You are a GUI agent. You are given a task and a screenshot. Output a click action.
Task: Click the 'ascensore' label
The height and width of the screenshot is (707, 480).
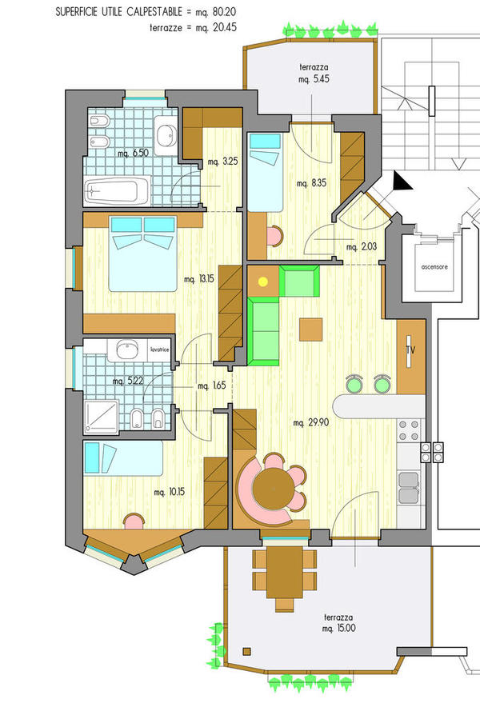[434, 267]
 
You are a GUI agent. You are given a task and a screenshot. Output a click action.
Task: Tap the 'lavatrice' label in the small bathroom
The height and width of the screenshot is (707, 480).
[160, 350]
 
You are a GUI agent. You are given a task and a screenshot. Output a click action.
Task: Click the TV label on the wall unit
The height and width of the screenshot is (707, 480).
[410, 350]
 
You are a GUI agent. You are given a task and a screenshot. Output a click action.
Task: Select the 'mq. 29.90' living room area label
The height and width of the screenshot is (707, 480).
[311, 423]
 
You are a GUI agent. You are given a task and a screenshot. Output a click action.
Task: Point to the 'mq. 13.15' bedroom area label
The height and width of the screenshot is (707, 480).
[199, 279]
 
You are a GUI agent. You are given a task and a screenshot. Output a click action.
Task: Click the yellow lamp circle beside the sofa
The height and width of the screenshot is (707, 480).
[262, 282]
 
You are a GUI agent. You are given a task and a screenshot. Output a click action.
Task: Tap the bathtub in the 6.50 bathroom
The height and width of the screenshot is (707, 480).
[117, 190]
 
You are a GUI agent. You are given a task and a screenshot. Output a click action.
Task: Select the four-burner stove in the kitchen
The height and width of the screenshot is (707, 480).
[409, 430]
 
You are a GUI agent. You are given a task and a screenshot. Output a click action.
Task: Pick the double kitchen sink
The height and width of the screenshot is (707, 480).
[408, 487]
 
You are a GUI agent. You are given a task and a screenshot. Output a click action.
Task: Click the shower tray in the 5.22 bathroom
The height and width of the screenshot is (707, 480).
[101, 417]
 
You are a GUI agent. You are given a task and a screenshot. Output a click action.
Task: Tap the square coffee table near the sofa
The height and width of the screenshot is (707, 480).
[311, 330]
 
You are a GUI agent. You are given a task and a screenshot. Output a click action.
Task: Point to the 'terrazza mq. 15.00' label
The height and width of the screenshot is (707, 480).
[338, 623]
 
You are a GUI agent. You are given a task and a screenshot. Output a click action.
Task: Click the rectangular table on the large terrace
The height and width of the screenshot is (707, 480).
[284, 572]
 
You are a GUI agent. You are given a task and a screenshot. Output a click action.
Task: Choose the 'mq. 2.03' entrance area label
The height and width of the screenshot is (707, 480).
[362, 247]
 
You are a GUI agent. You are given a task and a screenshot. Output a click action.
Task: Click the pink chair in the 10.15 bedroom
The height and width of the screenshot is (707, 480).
[134, 521]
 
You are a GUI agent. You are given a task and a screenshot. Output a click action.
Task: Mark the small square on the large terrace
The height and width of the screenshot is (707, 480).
[246, 651]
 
